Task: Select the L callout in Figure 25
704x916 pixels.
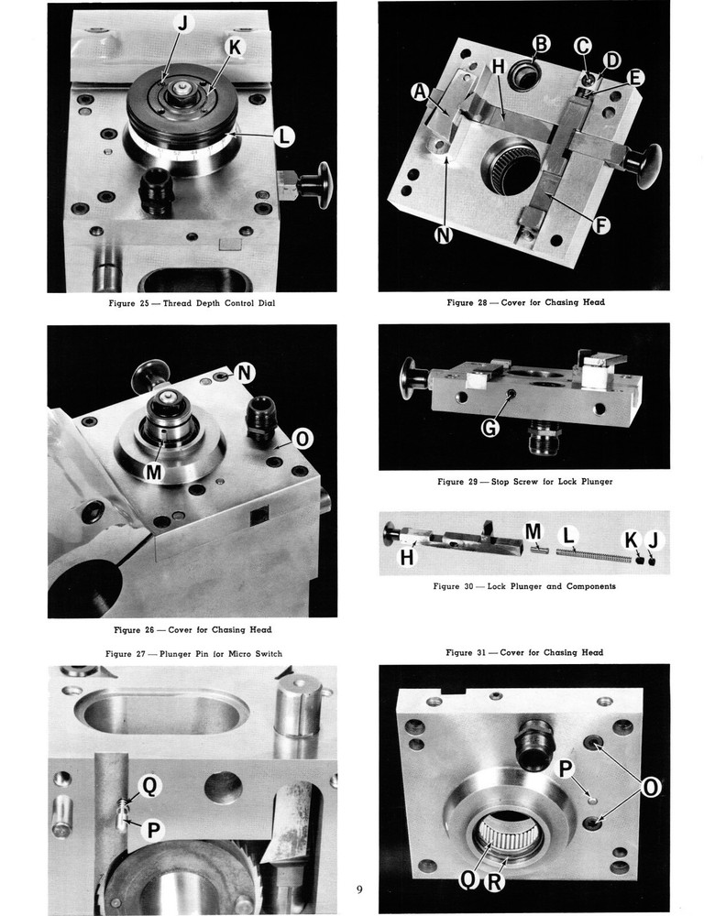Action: pos(285,137)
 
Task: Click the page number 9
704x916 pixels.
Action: pos(359,889)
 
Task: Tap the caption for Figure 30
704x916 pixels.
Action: pos(523,585)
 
